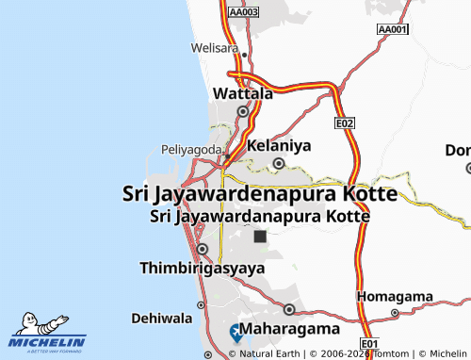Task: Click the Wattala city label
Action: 243,94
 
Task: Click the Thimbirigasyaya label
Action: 202,268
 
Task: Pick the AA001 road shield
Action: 392,30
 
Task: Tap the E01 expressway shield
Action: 369,343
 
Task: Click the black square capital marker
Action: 260,237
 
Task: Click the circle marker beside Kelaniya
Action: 279,163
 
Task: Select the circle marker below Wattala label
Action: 242,111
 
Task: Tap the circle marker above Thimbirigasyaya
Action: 203,249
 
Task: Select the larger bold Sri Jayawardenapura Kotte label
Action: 260,193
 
